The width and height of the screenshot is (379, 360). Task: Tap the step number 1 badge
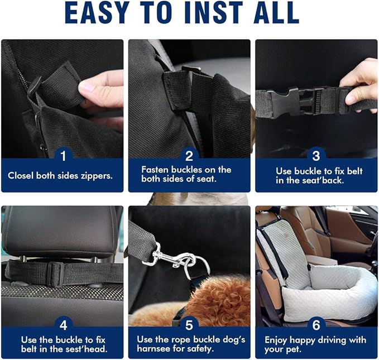pyautogui.click(x=63, y=155)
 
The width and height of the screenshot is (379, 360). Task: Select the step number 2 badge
pyautogui.click(x=189, y=155)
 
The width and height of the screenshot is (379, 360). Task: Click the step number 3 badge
pyautogui.click(x=316, y=155)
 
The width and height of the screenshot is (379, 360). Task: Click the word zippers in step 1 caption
pyautogui.click(x=96, y=175)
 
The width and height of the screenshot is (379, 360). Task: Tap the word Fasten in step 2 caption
pyautogui.click(x=155, y=169)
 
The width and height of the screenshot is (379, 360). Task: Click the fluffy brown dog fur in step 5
pyautogui.click(x=218, y=301)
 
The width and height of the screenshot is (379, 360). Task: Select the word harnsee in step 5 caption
pyautogui.click(x=156, y=349)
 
